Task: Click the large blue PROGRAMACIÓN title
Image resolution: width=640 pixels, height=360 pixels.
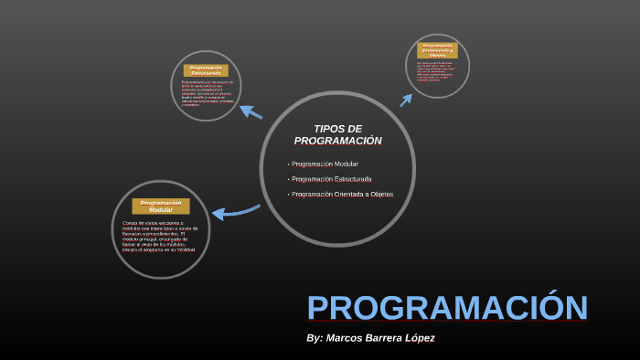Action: tap(446, 308)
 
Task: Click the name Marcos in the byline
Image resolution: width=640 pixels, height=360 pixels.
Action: tap(346, 338)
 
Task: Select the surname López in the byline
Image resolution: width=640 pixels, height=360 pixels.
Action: tap(418, 338)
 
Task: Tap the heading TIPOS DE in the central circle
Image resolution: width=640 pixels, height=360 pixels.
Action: tap(337, 129)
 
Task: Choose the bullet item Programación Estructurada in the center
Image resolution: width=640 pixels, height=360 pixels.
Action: tap(332, 179)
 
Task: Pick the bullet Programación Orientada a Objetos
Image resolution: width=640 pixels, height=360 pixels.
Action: tap(342, 195)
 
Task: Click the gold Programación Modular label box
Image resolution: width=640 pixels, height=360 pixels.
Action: tap(160, 206)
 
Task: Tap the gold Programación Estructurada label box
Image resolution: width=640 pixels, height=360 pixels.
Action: tap(206, 70)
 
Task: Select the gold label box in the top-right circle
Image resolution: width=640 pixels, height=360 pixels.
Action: tap(437, 50)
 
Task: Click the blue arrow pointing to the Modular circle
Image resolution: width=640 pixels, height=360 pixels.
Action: tap(235, 212)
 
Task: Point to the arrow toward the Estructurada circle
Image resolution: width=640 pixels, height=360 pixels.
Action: tap(251, 112)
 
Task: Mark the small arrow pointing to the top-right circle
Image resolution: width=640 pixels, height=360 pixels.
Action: tap(406, 100)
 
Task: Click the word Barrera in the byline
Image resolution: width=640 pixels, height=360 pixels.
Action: tap(384, 338)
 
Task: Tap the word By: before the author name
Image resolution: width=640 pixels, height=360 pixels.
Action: tap(315, 338)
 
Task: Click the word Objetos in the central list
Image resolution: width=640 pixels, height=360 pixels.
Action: tap(381, 195)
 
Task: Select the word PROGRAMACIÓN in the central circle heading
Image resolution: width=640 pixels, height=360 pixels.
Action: tap(337, 141)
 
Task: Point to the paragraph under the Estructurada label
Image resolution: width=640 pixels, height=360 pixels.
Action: tap(207, 93)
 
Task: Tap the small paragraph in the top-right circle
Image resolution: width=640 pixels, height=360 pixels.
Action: tap(437, 71)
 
